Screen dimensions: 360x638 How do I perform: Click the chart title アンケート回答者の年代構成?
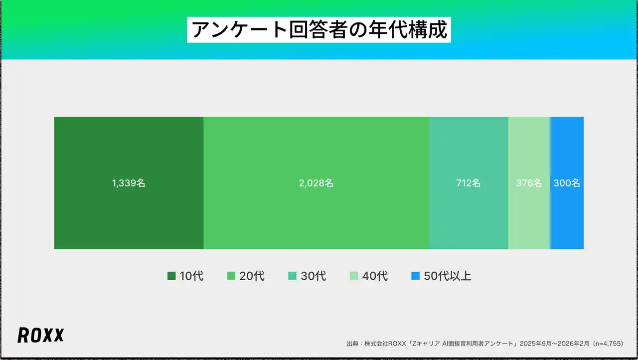coord(319,30)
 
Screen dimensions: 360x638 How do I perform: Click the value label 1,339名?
coord(129,183)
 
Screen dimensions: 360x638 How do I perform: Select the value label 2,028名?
coord(316,183)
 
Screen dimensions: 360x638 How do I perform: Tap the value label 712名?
coord(469,183)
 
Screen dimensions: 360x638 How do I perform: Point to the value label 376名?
coord(529,183)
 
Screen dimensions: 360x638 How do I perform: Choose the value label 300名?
coord(567,183)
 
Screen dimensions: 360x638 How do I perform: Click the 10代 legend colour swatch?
coord(171,276)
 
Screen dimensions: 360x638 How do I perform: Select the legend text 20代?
coord(252,276)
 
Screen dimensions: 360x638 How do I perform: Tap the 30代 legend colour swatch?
coord(293,276)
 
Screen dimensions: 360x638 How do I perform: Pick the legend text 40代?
coord(375,276)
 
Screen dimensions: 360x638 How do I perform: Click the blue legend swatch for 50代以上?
coord(415,276)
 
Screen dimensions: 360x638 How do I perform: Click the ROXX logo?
coord(40,336)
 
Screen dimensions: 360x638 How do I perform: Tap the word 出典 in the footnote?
coord(352,344)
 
